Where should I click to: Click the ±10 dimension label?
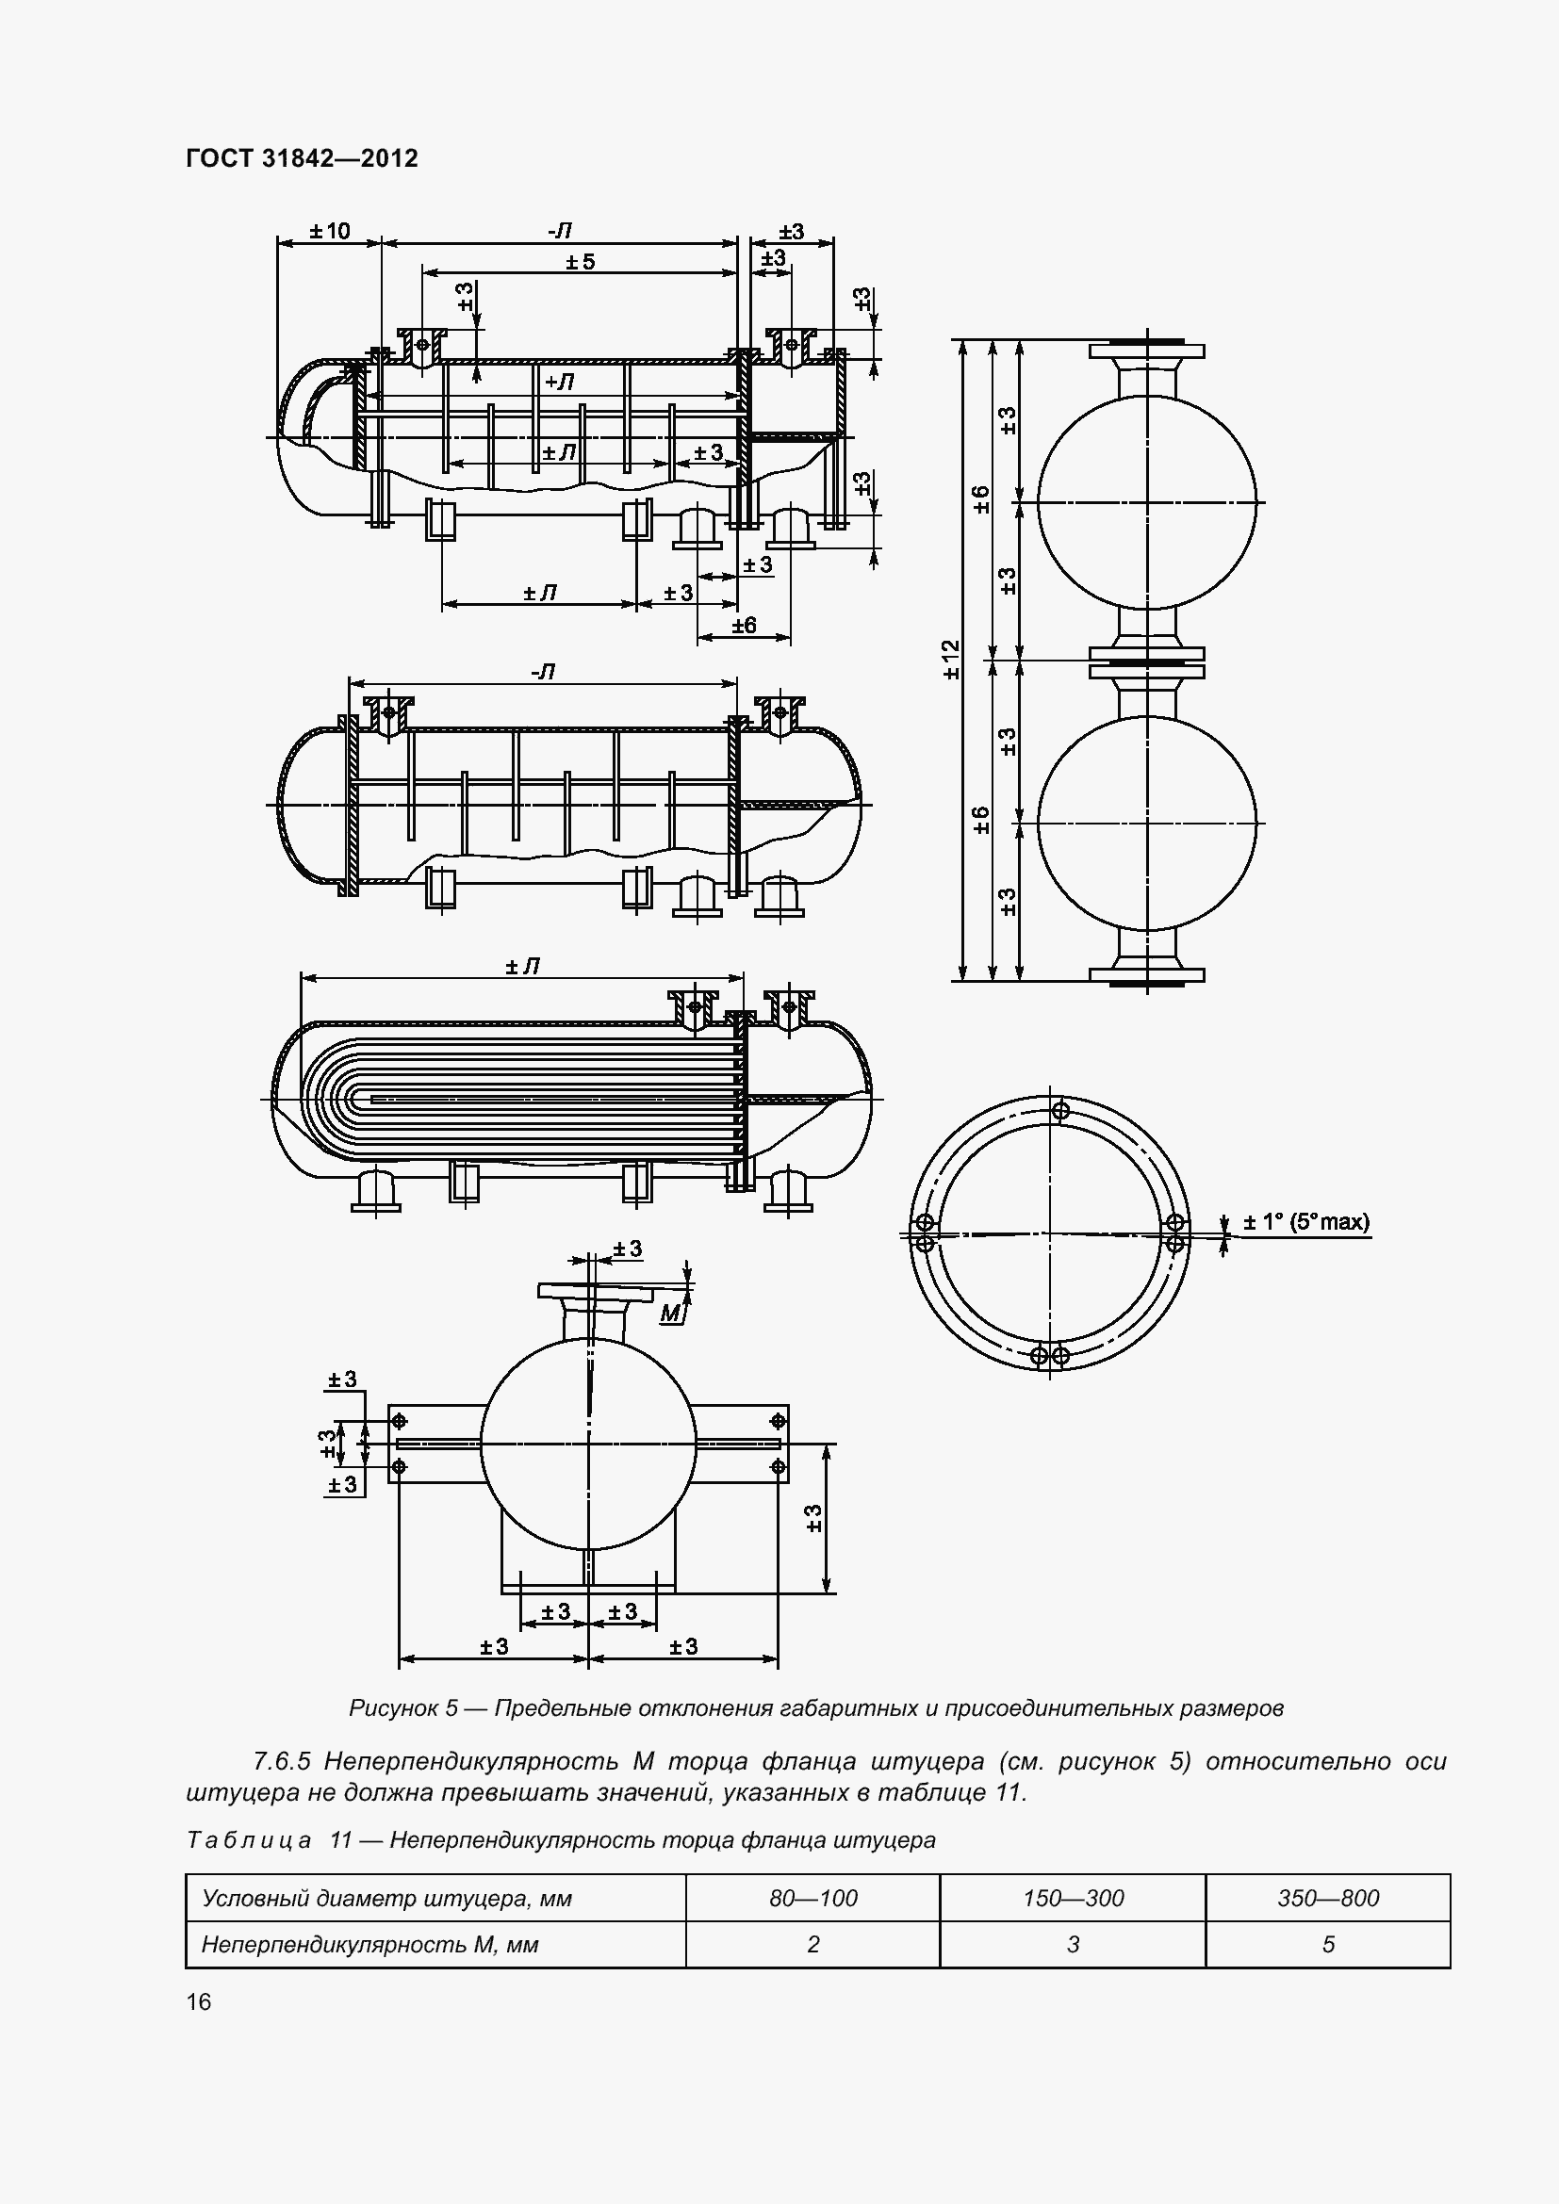(x=329, y=232)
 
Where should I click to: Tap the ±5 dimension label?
(x=580, y=262)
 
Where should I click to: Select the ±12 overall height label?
(x=951, y=660)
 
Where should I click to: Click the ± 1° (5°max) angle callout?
(x=1306, y=1223)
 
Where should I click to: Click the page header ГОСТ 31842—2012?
(x=302, y=159)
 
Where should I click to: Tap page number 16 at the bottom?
(x=199, y=2001)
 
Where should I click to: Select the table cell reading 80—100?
(x=812, y=1898)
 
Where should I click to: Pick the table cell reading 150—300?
(x=1073, y=1898)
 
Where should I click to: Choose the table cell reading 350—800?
(x=1328, y=1898)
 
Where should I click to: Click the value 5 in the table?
(x=1328, y=1944)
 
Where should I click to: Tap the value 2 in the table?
(x=812, y=1944)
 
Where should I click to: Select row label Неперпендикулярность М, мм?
(x=369, y=1944)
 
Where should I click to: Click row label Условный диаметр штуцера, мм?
(x=386, y=1898)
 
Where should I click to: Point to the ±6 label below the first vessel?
(x=744, y=626)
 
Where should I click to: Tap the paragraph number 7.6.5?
(x=281, y=1761)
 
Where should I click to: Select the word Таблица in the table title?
(x=249, y=1840)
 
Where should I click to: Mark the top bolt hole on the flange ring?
(x=1060, y=1111)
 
